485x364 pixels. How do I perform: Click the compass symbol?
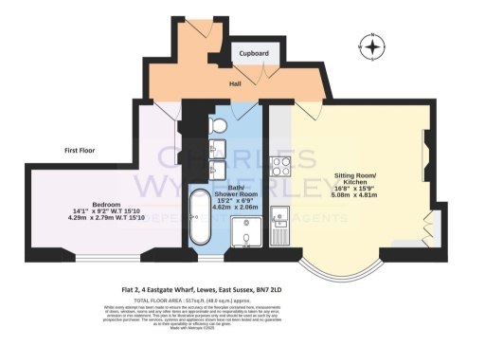click(x=374, y=46)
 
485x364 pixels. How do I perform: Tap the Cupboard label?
click(x=253, y=54)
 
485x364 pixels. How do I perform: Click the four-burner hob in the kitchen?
click(x=281, y=167)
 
